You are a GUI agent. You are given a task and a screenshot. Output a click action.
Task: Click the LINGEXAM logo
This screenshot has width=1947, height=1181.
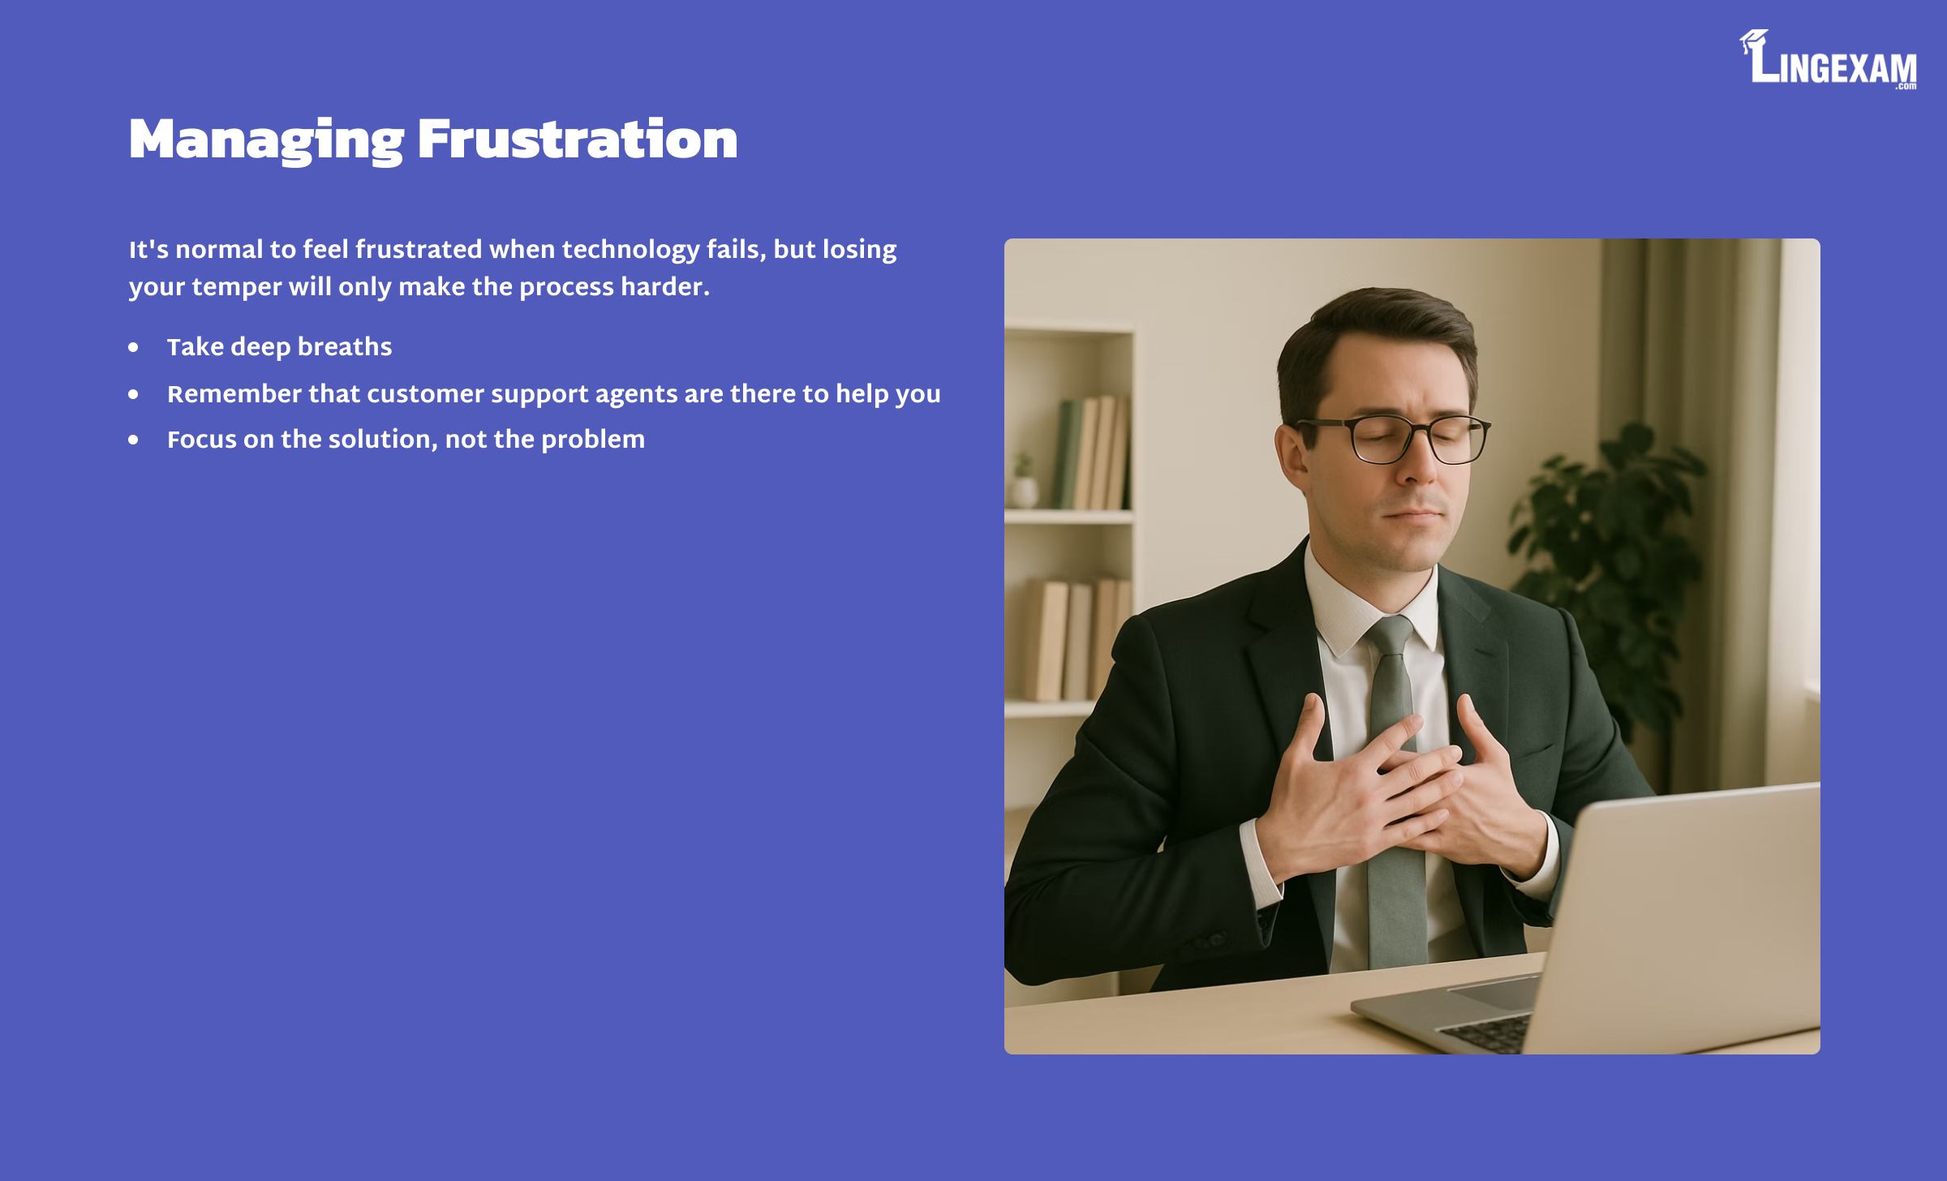(x=1828, y=59)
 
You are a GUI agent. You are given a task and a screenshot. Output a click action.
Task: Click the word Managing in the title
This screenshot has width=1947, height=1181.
(x=266, y=140)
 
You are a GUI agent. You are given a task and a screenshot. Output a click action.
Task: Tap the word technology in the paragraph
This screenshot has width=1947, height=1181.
(x=630, y=250)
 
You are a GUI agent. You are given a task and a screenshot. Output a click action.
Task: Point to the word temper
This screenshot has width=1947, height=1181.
(x=236, y=287)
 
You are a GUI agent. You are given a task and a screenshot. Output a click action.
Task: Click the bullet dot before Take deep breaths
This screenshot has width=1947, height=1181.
(x=133, y=347)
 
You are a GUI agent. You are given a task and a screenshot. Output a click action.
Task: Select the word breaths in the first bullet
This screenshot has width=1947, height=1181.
(x=345, y=346)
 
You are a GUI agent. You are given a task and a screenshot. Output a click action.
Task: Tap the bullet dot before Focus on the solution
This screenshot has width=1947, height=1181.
(x=133, y=440)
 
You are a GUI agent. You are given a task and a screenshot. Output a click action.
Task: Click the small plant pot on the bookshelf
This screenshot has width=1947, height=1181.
(x=1023, y=492)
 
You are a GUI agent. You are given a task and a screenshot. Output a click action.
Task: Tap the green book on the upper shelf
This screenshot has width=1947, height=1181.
(x=1066, y=454)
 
